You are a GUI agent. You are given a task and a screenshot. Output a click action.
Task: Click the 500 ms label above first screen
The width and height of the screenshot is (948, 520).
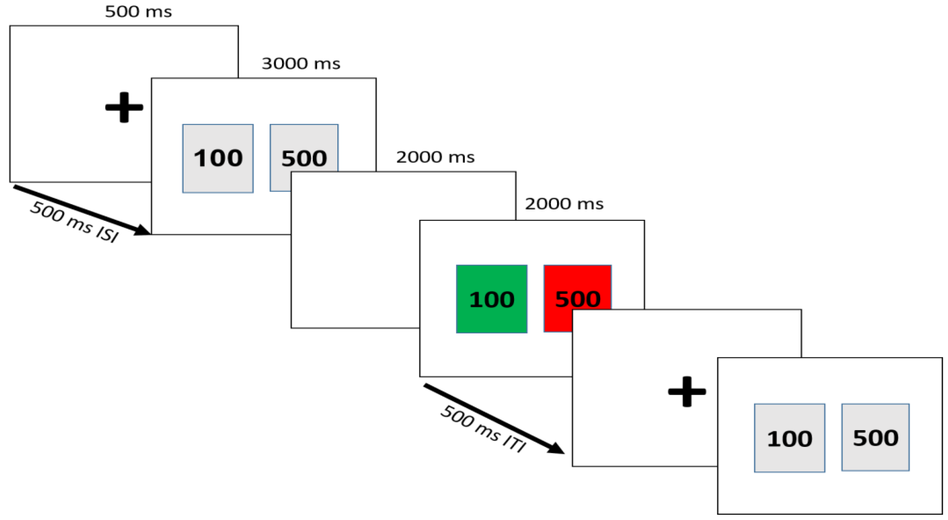(138, 12)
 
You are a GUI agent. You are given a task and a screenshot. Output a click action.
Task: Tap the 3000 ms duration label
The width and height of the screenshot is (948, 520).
(301, 64)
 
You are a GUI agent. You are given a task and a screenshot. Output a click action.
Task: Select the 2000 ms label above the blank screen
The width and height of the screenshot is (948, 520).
(435, 158)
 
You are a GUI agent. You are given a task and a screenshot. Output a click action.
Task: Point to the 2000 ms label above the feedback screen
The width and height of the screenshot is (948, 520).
(564, 204)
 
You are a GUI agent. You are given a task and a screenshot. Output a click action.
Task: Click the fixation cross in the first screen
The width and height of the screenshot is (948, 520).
(124, 107)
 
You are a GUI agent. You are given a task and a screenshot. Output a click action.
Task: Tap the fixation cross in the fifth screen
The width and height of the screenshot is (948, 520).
(687, 392)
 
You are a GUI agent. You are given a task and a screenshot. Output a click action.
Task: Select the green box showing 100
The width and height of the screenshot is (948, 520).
(491, 299)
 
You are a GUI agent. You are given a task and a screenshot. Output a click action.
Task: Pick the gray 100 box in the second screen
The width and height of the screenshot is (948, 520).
(218, 158)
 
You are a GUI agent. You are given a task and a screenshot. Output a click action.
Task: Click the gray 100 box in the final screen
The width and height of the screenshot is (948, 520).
(789, 438)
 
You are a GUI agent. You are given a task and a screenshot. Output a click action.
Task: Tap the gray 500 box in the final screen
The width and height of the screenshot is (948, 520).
(875, 437)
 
